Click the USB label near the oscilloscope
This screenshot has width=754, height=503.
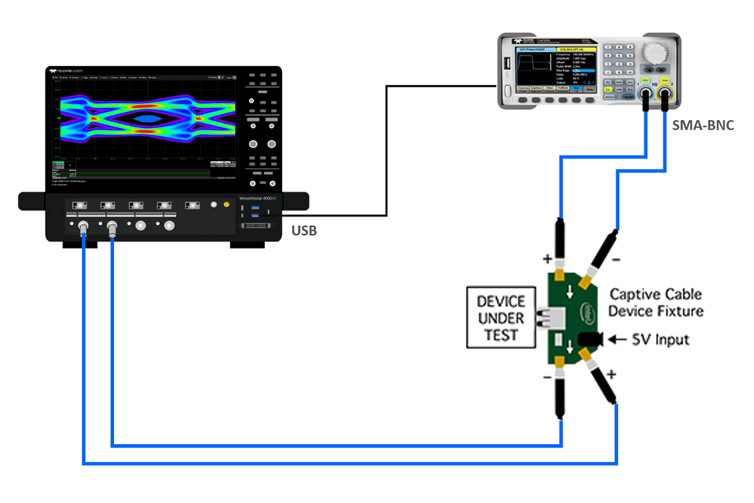pos(305,231)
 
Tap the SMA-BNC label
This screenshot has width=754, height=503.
pos(704,125)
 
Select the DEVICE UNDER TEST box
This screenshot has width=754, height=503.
pos(501,318)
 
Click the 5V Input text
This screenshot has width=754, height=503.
pos(661,340)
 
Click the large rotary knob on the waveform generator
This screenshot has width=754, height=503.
pos(653,51)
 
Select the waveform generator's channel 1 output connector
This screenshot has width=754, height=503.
pos(646,94)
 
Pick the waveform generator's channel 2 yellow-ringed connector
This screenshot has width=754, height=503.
pos(665,94)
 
